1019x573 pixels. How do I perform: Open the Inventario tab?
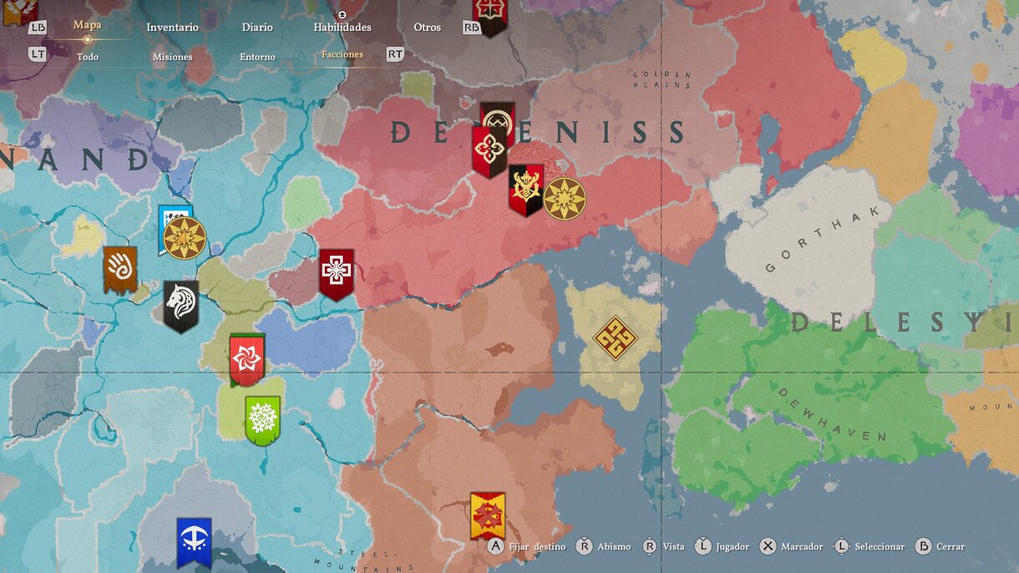coord(172,28)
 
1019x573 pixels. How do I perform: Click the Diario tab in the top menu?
coord(257,28)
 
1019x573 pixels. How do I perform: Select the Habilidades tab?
coord(342,28)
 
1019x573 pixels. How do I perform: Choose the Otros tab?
coord(427,28)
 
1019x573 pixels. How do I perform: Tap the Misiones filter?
coord(172,57)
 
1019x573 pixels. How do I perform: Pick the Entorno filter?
coord(257,57)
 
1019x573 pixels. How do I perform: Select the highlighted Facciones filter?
coord(342,55)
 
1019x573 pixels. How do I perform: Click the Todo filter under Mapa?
coord(88,57)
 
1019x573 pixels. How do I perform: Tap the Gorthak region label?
coord(822,239)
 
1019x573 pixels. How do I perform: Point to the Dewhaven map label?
coord(831,413)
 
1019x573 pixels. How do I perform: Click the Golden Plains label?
coord(662,80)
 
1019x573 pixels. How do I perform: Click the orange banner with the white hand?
coord(120,269)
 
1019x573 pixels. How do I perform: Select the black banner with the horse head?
coord(181,306)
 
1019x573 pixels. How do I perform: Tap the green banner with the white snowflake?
coord(262,420)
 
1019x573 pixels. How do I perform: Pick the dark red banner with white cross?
coord(336,273)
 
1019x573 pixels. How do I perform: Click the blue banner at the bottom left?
coord(194,541)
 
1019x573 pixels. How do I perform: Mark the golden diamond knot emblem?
coord(615,338)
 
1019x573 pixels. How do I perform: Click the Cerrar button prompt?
coord(940,547)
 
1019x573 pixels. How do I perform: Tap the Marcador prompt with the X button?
coord(792,547)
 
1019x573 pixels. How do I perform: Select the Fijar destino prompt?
coord(527,547)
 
